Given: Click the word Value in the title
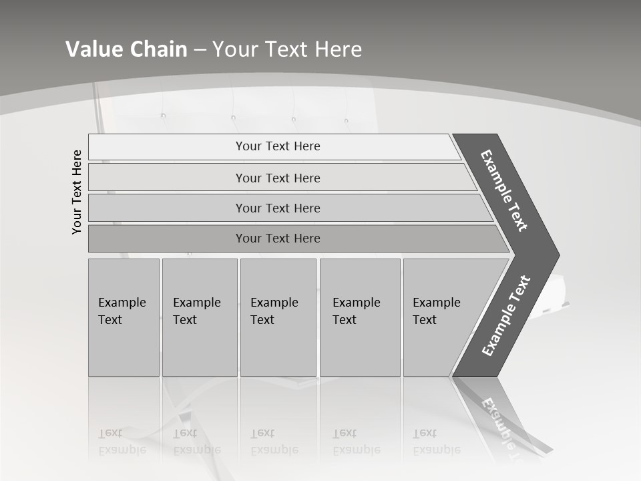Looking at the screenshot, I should [92, 49].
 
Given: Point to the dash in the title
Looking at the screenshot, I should [200, 50].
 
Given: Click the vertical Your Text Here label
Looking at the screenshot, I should [77, 192].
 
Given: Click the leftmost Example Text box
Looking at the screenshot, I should [124, 317].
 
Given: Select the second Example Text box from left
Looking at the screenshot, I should [200, 317].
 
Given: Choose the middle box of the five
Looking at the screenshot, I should [278, 317].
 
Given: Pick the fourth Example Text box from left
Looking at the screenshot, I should [360, 317].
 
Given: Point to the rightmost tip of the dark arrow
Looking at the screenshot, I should [558, 255].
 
